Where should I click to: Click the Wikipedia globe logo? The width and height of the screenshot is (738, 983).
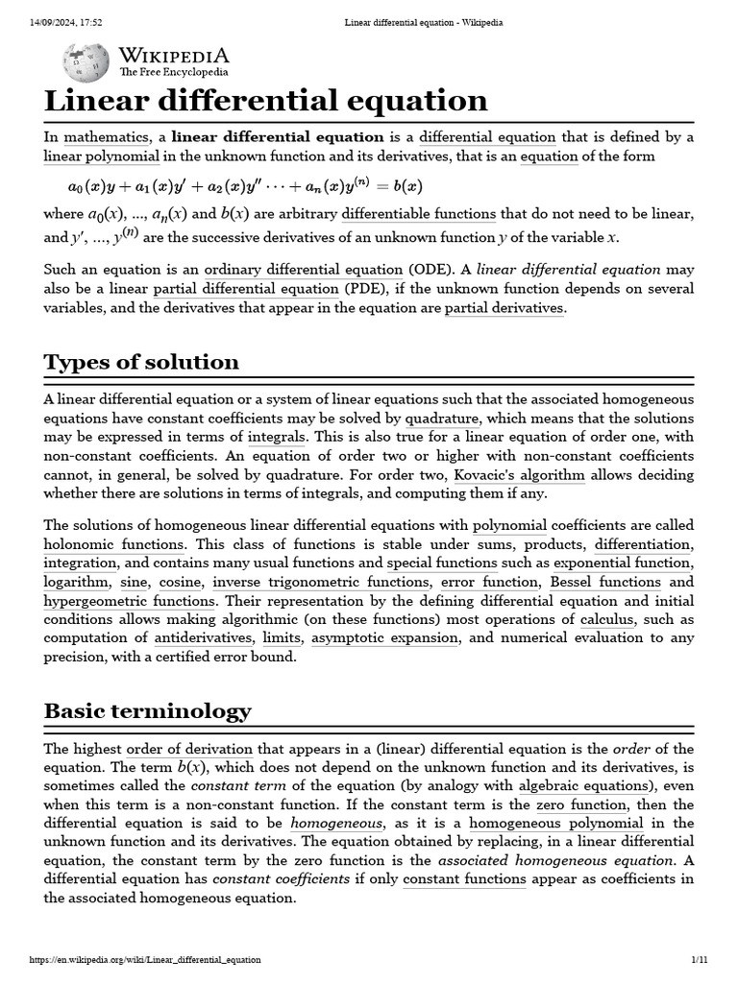coord(79,61)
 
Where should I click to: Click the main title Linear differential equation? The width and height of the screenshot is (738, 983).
coord(265,101)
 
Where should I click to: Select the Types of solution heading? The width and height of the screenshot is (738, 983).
coord(141,362)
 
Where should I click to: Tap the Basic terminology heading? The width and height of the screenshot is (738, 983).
coord(147,711)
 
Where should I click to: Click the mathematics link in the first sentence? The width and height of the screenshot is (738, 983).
coord(106,137)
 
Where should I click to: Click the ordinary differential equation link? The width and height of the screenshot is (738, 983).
coord(304,270)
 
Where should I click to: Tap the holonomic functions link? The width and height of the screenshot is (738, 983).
coord(101,544)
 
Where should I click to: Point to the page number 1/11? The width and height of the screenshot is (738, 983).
coord(699,960)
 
